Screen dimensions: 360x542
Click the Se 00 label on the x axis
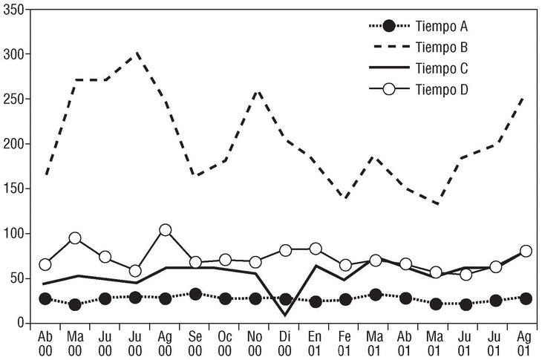[x=195, y=342]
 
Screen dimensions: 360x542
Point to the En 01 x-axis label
[x=316, y=342]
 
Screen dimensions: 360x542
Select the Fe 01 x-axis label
[x=345, y=342]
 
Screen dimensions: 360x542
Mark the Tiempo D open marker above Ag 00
[x=166, y=230]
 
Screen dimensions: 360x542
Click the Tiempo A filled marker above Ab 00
[x=45, y=298]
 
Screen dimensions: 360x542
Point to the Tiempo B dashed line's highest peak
[x=136, y=53]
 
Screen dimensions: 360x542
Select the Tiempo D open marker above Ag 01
[x=526, y=251]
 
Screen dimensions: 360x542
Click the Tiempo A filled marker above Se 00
[x=195, y=294]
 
